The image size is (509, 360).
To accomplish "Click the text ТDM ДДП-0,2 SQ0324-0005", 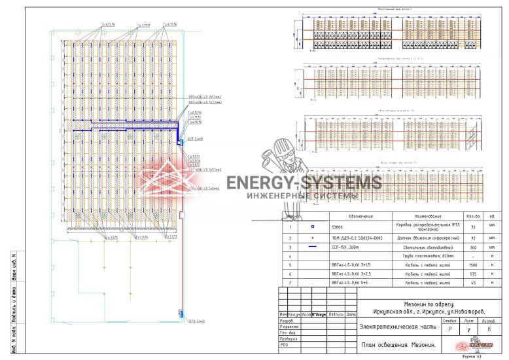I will (351, 238).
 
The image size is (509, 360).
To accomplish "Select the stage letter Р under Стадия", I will (449, 330).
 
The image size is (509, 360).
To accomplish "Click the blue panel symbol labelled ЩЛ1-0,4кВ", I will (178, 141).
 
